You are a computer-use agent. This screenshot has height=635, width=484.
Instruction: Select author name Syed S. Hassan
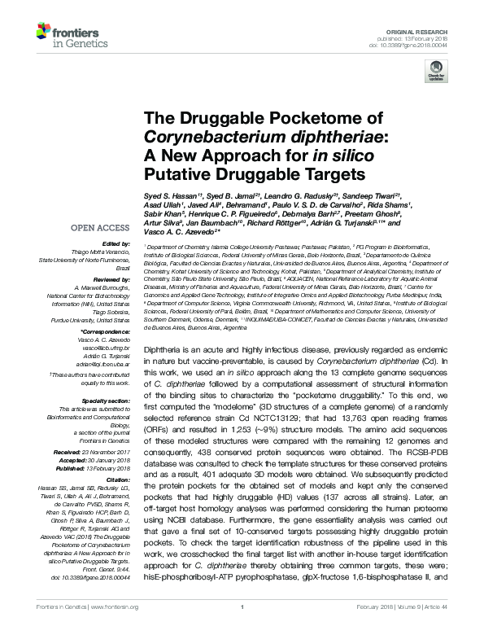point(169,198)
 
